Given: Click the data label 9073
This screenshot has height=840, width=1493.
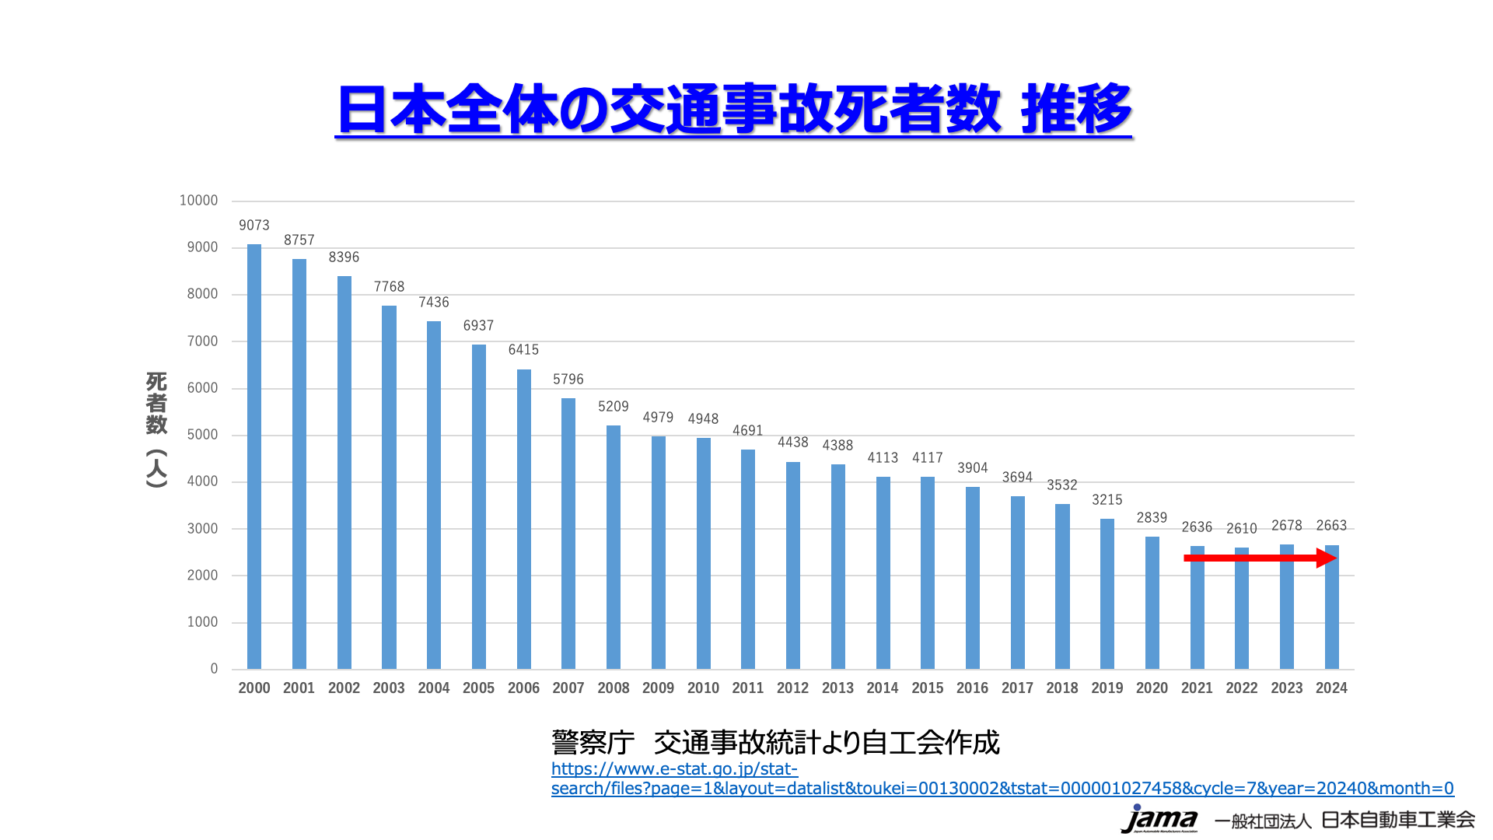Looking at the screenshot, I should click(x=254, y=226).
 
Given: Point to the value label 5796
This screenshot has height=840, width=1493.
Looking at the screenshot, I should click(x=568, y=380).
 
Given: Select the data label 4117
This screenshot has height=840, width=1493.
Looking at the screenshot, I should click(x=928, y=458).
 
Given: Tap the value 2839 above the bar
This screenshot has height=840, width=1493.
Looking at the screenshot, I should click(x=1152, y=518).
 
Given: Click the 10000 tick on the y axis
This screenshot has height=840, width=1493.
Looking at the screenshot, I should click(x=198, y=201).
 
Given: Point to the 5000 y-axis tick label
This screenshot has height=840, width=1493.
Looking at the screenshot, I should click(x=202, y=435).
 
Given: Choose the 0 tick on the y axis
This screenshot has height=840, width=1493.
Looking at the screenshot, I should click(x=214, y=669).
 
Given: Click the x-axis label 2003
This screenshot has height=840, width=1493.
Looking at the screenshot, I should click(x=389, y=688).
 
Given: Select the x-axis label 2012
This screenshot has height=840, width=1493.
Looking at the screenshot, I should click(x=792, y=688).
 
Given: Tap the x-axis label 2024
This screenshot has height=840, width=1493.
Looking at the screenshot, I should click(x=1331, y=688).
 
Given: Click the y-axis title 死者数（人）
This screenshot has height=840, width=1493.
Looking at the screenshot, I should click(x=157, y=429).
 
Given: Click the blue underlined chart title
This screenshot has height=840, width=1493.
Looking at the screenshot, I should click(x=734, y=109).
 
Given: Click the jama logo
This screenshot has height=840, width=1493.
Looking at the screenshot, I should click(x=1159, y=819).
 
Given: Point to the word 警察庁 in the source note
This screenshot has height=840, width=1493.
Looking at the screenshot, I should click(x=593, y=743).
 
